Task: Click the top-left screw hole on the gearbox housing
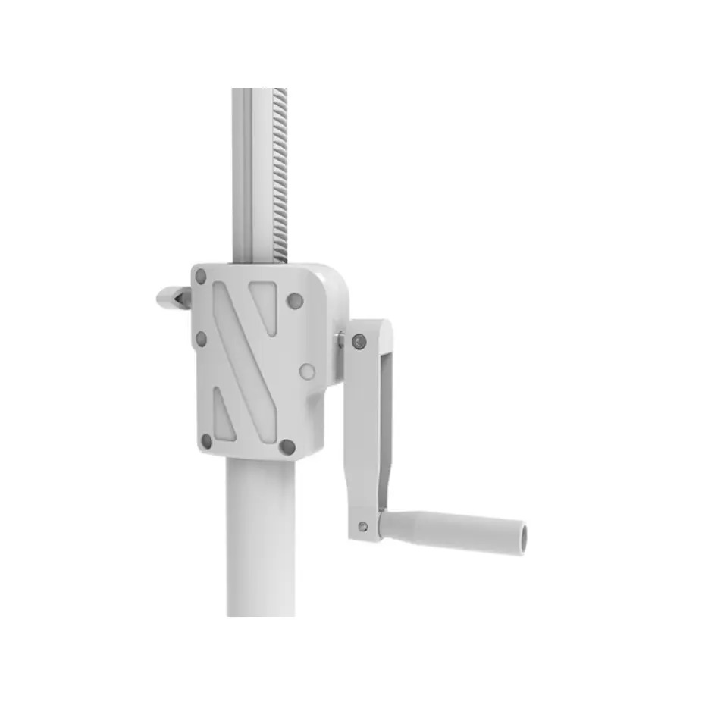[x=201, y=277]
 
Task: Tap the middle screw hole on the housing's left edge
[x=201, y=338]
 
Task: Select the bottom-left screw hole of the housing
[x=206, y=440]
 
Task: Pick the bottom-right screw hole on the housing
[x=287, y=446]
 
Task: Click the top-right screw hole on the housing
[x=295, y=301]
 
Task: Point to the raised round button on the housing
[x=307, y=371]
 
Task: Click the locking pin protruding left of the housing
[x=174, y=297]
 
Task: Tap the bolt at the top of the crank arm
[x=359, y=342]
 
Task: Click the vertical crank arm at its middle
[x=365, y=432]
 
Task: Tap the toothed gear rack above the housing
[x=280, y=174]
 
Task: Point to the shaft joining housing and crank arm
[x=340, y=340]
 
